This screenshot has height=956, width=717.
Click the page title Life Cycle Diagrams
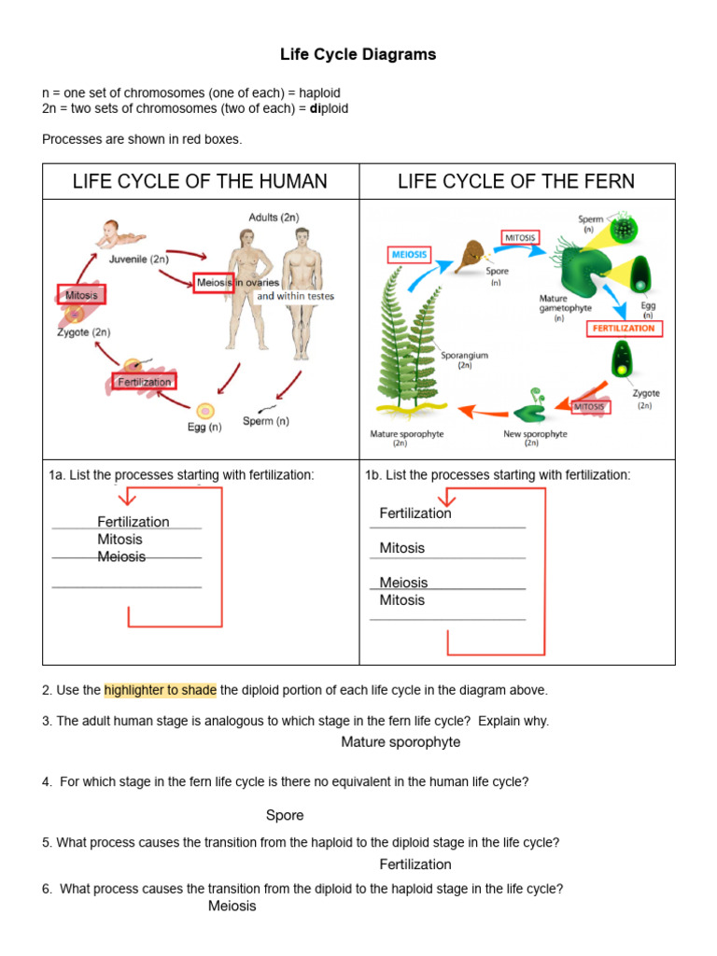point(358,55)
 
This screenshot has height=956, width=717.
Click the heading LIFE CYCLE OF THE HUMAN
point(200,181)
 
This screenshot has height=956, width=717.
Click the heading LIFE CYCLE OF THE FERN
point(515,181)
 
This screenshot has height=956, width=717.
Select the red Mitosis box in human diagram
point(81,295)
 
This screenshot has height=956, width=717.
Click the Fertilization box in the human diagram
point(144,382)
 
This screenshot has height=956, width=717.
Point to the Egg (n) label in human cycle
point(204,428)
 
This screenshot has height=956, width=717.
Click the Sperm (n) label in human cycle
point(266,421)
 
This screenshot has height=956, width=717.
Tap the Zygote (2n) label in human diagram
point(83,332)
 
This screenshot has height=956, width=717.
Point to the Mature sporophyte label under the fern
point(406,435)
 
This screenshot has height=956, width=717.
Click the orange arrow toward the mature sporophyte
point(475,410)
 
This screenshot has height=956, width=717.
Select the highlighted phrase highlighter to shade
point(160,691)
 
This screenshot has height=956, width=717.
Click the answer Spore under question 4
point(285,815)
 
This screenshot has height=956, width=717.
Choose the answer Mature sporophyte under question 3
point(401,742)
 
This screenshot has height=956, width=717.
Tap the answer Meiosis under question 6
point(232,906)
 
